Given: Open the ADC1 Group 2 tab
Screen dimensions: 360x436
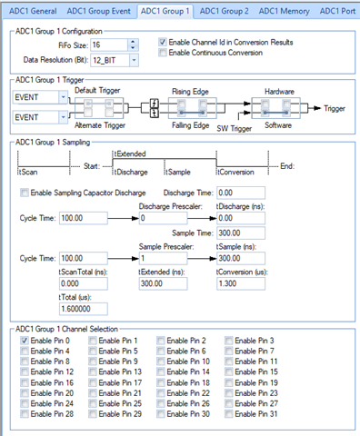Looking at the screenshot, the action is [224, 11].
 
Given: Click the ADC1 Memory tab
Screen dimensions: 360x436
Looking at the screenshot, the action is [284, 11].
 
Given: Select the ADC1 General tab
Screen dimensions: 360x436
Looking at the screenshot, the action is [33, 11].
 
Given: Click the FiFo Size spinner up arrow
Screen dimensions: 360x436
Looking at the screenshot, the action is [133, 42].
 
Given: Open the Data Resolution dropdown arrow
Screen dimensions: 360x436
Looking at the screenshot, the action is [134, 60].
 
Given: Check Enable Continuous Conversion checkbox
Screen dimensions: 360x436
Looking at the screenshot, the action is [163, 53].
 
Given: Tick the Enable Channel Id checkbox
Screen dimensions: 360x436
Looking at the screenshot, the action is [163, 42].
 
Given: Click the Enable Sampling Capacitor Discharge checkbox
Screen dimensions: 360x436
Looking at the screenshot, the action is [25, 193].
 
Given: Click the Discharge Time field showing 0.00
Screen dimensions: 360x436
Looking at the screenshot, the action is [241, 193].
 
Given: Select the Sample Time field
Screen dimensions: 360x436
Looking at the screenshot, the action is [241, 233].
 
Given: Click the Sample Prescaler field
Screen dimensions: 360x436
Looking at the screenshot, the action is [163, 258].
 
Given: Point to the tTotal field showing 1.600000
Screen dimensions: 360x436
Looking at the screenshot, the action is [84, 309].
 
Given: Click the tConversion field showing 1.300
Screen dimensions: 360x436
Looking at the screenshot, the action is [241, 283].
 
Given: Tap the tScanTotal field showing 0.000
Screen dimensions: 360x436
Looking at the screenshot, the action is [84, 283].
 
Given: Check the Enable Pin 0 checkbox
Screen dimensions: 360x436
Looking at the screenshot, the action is [25, 341].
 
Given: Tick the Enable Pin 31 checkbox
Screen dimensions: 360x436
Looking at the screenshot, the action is [229, 414].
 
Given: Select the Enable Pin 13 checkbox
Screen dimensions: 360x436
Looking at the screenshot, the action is [93, 372].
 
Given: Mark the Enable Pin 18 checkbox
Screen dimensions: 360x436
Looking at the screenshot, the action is [161, 382].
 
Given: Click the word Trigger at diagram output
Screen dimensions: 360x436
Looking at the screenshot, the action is [335, 108].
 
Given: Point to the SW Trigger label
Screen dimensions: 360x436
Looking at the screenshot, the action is [234, 128].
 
